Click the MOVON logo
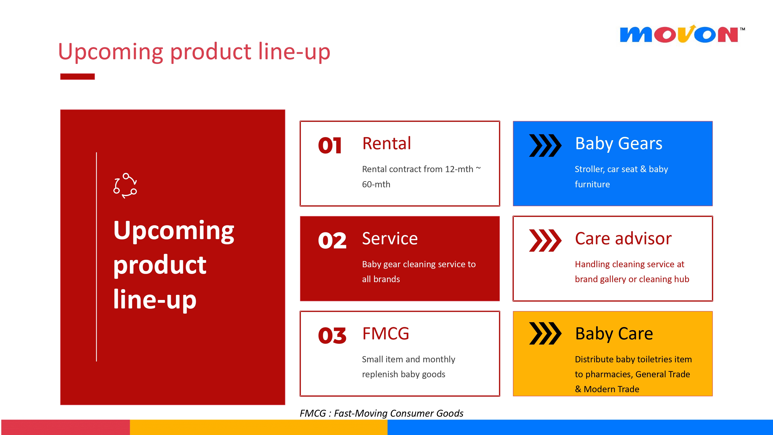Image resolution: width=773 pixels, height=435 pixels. (682, 34)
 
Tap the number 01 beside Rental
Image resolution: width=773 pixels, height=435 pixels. (330, 146)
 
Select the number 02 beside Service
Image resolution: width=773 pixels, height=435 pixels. (332, 240)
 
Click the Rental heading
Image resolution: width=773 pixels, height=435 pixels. (386, 143)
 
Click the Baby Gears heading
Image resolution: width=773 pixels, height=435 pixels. (619, 144)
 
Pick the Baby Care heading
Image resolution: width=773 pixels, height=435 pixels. (614, 333)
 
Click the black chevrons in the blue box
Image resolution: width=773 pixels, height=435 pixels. (545, 146)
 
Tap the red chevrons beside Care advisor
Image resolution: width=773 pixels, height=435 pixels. (545, 240)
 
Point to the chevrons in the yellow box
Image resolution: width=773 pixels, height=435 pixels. (545, 333)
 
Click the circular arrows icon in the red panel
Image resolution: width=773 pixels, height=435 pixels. (125, 186)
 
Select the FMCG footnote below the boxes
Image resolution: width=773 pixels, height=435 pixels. (381, 413)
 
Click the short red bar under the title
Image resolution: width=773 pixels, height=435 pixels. (77, 77)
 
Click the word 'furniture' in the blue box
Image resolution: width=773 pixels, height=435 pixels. (592, 184)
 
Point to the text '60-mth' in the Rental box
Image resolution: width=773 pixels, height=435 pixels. (376, 184)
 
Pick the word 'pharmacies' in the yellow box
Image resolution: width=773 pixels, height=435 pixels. (609, 374)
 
